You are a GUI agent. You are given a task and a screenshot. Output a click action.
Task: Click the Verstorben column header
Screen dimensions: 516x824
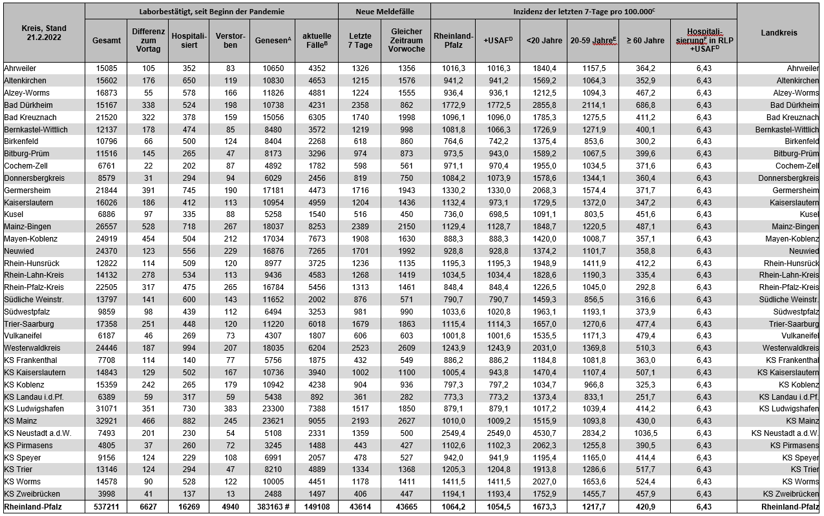coord(229,40)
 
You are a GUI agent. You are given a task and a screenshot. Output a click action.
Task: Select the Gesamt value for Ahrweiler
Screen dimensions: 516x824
coord(107,68)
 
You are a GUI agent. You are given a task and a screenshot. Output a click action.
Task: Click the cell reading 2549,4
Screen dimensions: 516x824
coord(453,433)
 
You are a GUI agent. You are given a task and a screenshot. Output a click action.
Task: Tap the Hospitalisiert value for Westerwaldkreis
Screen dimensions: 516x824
coord(188,348)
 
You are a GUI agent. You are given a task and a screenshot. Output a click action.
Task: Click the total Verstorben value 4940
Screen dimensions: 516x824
coord(229,507)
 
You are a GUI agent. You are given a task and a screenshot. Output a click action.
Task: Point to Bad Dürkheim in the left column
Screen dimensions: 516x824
coord(28,105)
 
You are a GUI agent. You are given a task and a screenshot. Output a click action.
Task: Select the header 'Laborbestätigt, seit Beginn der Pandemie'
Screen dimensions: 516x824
coord(211,12)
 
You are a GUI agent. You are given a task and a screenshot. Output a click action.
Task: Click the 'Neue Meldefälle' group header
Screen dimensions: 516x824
coord(385,12)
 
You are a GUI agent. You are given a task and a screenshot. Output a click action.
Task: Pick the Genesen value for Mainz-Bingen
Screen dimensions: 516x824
coord(271,227)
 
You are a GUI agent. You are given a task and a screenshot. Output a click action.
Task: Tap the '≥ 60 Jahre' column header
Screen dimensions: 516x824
coord(644,40)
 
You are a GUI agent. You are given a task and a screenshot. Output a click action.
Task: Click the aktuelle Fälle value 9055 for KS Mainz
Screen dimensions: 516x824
coord(317,421)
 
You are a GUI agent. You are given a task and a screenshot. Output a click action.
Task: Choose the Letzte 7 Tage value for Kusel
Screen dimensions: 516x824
coord(360,214)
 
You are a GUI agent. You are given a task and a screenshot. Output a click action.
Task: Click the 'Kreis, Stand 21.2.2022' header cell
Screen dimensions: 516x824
coord(44,33)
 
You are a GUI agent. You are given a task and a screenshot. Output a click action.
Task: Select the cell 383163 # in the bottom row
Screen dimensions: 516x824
coord(271,507)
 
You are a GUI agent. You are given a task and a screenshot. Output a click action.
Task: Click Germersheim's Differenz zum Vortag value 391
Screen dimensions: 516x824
coord(148,191)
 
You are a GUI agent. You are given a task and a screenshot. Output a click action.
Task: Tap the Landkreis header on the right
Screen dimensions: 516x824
coord(779,33)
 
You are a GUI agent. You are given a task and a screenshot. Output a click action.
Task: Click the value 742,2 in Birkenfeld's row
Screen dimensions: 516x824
coord(497,141)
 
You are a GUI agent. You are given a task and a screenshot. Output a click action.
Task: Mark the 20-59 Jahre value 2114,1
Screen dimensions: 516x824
coord(593,105)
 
